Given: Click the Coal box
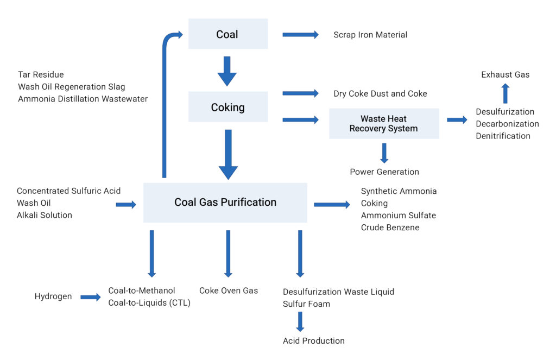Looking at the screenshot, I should point(228,34).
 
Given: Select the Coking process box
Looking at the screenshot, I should point(228,107).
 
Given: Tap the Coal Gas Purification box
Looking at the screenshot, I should point(225,202).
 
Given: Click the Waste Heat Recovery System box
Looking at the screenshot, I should point(384,124).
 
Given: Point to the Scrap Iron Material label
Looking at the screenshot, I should point(370,35).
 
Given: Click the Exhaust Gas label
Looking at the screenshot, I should point(505,74).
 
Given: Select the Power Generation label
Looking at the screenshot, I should point(384,172).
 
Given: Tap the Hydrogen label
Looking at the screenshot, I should point(53,296).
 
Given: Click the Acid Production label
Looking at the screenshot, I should point(313,340).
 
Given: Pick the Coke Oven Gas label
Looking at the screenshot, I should point(228,290).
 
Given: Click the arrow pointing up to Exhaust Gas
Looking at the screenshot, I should point(505,93).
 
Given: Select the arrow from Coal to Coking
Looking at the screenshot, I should point(227,71).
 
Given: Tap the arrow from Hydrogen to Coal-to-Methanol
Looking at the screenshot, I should point(91,297).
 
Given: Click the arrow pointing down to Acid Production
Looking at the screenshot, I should point(300,321).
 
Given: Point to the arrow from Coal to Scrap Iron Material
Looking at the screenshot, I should point(300,35).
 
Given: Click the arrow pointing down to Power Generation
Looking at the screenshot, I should point(384,153).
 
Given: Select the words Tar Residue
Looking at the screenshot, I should point(41,74).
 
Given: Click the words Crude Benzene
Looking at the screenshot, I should point(390,227).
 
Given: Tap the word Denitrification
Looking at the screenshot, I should point(503,136).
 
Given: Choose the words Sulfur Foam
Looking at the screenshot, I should point(306,304).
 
